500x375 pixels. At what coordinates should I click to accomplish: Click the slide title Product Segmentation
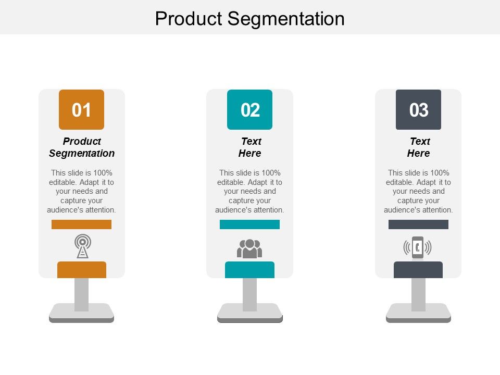pyautogui.click(x=250, y=19)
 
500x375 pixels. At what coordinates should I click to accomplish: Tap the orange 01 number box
pyautogui.click(x=81, y=109)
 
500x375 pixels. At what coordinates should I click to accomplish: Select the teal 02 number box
pyautogui.click(x=250, y=109)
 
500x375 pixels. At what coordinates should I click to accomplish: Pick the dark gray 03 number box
pyautogui.click(x=418, y=109)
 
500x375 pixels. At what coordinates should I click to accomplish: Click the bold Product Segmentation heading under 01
pyautogui.click(x=82, y=147)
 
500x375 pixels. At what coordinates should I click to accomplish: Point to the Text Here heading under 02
pyautogui.click(x=250, y=147)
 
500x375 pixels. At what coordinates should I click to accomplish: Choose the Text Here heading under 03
pyautogui.click(x=419, y=147)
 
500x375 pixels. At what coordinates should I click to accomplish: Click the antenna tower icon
pyautogui.click(x=82, y=246)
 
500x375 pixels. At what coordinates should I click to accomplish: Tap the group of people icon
pyautogui.click(x=249, y=248)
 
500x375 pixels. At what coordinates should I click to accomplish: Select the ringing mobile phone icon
pyautogui.click(x=418, y=247)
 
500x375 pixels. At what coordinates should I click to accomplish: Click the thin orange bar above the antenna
pyautogui.click(x=81, y=224)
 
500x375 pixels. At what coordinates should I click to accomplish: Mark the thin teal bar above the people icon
pyautogui.click(x=249, y=224)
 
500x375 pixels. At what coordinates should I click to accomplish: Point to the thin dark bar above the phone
pyautogui.click(x=418, y=224)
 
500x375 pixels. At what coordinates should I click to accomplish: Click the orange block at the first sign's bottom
pyautogui.click(x=81, y=270)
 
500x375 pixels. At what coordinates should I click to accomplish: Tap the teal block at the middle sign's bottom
pyautogui.click(x=249, y=270)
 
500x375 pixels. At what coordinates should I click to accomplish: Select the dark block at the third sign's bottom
pyautogui.click(x=418, y=270)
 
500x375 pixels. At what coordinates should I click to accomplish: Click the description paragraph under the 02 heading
pyautogui.click(x=249, y=191)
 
